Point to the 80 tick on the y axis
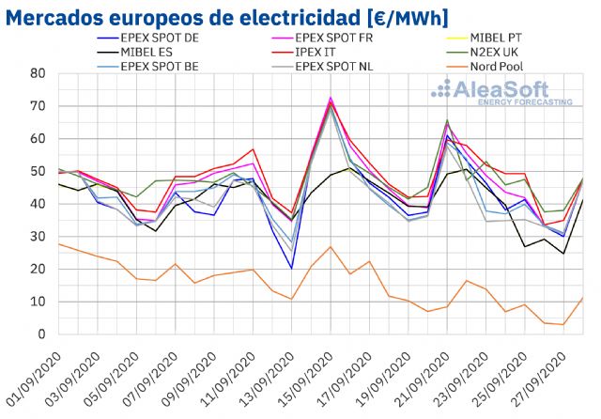[37, 73]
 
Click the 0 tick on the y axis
[40, 334]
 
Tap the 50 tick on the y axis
[37, 171]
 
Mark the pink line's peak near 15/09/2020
[331, 97]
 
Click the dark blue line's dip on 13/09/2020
[291, 269]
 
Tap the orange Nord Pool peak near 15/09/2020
[331, 246]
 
